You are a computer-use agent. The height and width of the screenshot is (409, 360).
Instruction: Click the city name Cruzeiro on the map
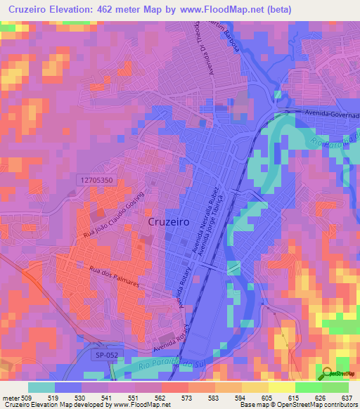[172, 221]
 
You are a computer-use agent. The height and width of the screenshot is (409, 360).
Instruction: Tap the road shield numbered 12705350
[95, 181]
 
